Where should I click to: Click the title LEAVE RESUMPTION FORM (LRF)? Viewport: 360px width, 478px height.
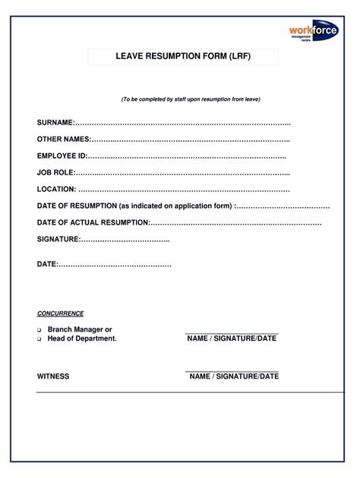coord(182,57)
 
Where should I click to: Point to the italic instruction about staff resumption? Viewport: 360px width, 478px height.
coord(191,99)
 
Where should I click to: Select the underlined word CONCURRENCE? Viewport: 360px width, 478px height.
coord(60,313)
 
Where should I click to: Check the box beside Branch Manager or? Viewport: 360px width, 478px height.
coord(39,330)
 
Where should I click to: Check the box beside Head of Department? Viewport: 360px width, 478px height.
coord(39,339)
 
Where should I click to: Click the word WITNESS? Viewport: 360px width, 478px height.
coord(53,376)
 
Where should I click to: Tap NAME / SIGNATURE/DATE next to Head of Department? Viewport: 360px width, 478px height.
coord(232,338)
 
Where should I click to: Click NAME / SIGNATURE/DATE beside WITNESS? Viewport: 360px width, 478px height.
coord(234,376)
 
